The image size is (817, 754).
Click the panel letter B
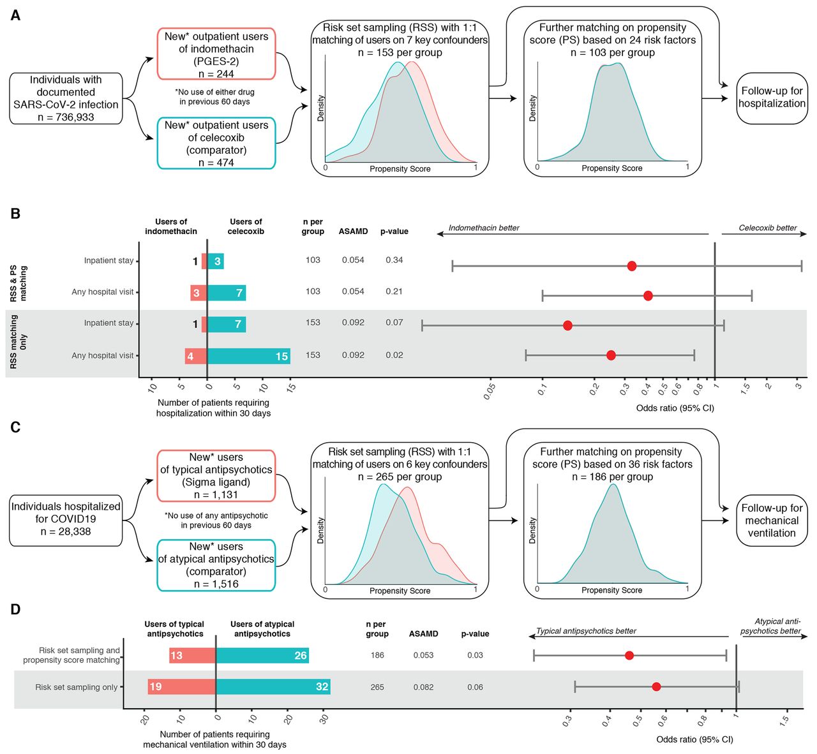[15, 214]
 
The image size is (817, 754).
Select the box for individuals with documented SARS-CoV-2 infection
[66, 98]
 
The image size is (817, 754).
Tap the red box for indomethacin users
[216, 54]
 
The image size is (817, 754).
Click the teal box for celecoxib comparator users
[216, 143]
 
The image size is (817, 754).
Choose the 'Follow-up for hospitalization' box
[772, 98]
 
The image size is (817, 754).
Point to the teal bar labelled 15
[249, 356]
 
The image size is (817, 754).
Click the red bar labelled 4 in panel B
[196, 356]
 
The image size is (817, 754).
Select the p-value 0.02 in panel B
[394, 355]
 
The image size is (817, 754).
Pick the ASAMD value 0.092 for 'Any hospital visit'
[353, 355]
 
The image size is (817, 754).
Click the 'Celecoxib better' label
[768, 228]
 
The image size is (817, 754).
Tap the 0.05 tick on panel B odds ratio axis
[490, 391]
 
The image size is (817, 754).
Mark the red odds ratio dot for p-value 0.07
[567, 325]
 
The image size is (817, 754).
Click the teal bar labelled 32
[273, 686]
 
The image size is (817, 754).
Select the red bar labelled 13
[193, 655]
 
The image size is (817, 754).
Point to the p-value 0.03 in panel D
[475, 655]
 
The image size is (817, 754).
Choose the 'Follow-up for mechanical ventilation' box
[772, 521]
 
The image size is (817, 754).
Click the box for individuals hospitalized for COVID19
[66, 521]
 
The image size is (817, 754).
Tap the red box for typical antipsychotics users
[216, 476]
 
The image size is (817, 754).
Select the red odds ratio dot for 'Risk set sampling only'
[657, 686]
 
